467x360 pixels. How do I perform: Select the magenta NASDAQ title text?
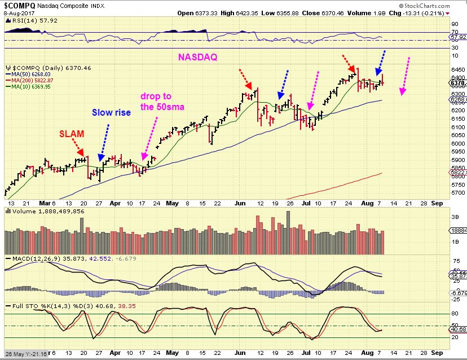(199, 57)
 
